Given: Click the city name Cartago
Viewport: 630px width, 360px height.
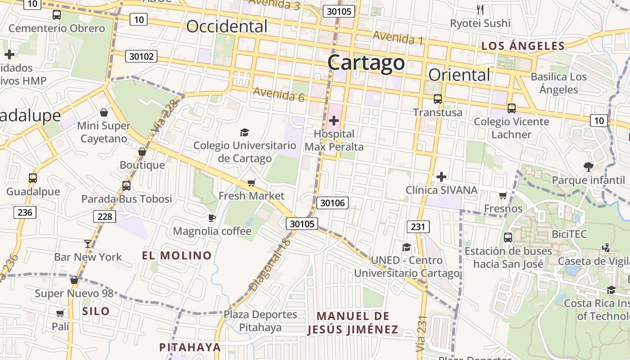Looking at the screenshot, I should (366, 63).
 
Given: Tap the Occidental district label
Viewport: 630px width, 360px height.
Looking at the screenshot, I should (227, 27).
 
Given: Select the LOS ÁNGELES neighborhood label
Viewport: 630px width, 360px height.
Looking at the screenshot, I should (523, 45).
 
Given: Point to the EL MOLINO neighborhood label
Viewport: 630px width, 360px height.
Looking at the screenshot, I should (177, 256).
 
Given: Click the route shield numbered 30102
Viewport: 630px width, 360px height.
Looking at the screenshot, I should (142, 56).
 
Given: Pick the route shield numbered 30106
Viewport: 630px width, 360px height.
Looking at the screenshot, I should (333, 203).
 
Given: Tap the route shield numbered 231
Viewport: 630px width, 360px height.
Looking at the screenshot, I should (418, 227).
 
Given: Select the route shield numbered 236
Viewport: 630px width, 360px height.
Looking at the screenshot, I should (25, 212).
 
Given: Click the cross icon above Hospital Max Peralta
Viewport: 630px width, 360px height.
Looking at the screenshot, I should (334, 121).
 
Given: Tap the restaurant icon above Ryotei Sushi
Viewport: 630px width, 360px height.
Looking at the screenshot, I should (480, 9).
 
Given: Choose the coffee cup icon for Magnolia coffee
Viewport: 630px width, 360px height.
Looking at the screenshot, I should (212, 218).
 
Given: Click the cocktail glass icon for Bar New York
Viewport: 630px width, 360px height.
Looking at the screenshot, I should (87, 244).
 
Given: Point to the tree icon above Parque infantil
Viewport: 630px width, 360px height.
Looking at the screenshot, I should (588, 167).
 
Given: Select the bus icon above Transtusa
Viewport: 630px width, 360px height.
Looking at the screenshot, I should (437, 99).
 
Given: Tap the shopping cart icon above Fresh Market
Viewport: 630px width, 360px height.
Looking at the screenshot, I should (251, 183).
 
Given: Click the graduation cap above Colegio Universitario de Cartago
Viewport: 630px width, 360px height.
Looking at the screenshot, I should (244, 132).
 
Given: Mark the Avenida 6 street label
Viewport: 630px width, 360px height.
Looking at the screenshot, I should (279, 94).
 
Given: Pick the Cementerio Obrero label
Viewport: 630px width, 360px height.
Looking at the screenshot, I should (57, 28).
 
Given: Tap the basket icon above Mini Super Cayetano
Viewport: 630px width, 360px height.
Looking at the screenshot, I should (104, 112).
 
